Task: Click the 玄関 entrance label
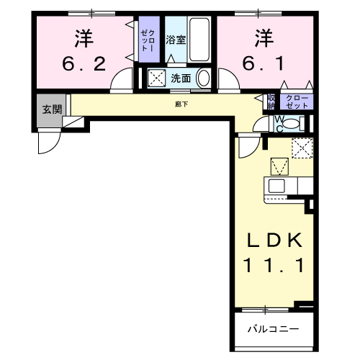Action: click(x=51, y=109)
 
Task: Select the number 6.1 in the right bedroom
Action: click(x=264, y=64)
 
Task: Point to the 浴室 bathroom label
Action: click(x=176, y=40)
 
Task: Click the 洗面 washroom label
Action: click(x=180, y=78)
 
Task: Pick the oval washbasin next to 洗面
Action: click(x=204, y=78)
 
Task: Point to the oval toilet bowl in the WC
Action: click(x=290, y=124)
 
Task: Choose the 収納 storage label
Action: click(x=271, y=101)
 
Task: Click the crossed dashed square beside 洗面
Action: click(x=156, y=78)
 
